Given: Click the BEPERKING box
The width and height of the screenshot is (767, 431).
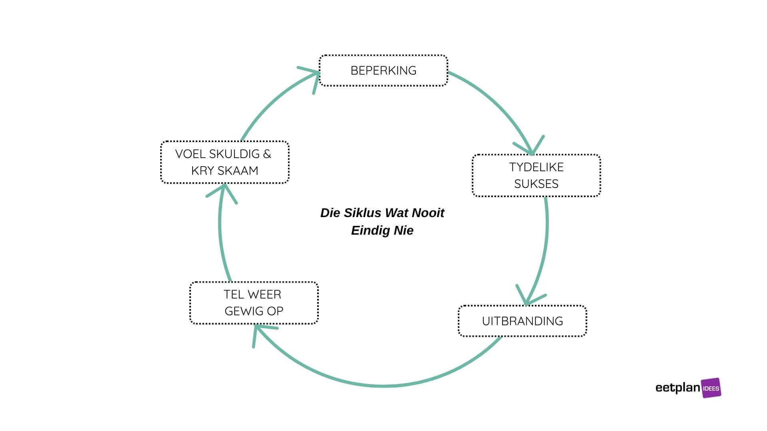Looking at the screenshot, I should pyautogui.click(x=383, y=71).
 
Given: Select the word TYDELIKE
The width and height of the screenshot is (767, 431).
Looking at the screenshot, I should pyautogui.click(x=536, y=167).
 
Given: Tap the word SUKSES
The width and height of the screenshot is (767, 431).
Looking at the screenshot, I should pyautogui.click(x=536, y=184).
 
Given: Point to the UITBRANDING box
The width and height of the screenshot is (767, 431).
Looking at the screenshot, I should pyautogui.click(x=522, y=321).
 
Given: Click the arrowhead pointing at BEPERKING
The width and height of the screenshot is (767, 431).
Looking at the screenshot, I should pyautogui.click(x=314, y=76).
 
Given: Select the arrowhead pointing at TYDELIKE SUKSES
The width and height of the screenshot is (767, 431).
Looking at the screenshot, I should pyautogui.click(x=531, y=148).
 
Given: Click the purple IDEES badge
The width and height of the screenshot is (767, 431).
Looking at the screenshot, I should pyautogui.click(x=711, y=388).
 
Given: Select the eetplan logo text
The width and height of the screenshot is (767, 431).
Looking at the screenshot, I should pyautogui.click(x=678, y=388).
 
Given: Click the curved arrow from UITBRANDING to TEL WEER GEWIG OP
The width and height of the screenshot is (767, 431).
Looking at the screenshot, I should pyautogui.click(x=383, y=386).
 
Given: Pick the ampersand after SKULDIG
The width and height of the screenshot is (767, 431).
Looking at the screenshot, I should pyautogui.click(x=267, y=154).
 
